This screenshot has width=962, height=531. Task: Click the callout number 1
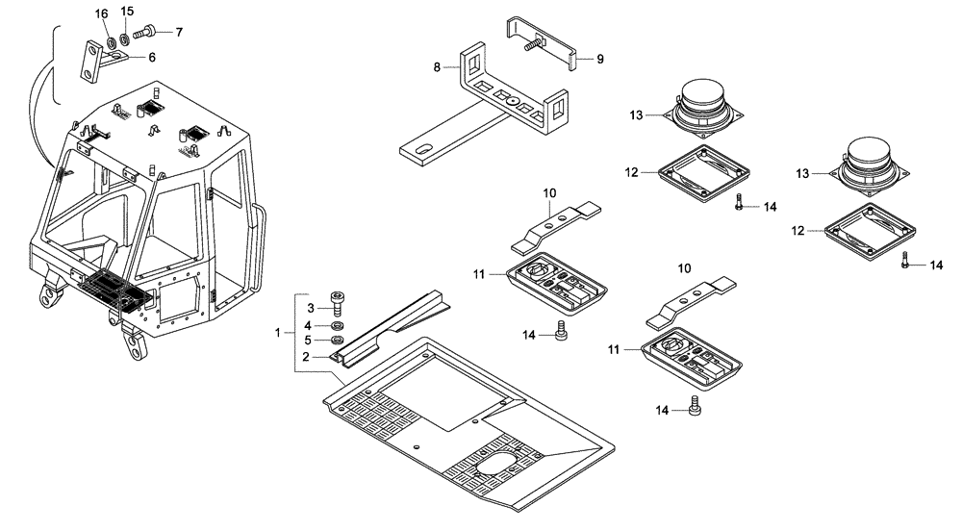pos(277,332)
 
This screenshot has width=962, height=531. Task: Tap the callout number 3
pos(311,308)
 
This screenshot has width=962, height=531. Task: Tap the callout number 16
pos(102,13)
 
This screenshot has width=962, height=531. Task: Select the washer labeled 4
pos(338,324)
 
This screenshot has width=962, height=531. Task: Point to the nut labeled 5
pos(338,341)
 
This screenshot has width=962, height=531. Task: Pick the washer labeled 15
pos(125,41)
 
